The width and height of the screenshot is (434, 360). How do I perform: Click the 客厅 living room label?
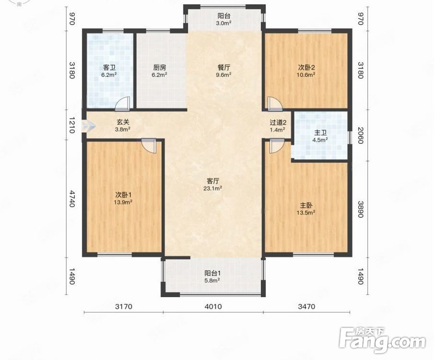point(213,181)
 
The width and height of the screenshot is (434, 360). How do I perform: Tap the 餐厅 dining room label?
point(224,67)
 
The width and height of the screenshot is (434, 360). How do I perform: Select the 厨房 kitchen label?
point(159,67)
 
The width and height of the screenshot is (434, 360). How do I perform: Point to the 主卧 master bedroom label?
point(306,205)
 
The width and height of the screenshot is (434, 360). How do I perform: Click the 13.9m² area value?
point(123,202)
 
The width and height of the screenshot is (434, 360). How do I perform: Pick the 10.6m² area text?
point(306,74)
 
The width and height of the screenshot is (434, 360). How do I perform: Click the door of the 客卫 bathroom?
point(122,102)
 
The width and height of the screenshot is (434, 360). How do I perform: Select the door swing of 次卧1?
point(149,145)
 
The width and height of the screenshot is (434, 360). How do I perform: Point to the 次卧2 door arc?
point(275,103)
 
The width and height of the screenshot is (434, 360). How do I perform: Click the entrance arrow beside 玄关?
point(89,126)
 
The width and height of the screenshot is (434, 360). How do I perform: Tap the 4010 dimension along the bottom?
point(213,306)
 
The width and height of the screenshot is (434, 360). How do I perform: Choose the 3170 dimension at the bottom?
point(124,306)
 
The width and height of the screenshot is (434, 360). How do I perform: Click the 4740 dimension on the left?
point(72,198)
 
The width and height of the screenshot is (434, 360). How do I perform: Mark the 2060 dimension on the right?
point(360,135)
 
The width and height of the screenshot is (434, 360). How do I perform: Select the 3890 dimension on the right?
point(360,209)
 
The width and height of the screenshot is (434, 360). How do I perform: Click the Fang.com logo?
point(383,339)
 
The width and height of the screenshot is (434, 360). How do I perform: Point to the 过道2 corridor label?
point(278,122)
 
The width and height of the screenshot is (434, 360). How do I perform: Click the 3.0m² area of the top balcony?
point(223,23)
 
